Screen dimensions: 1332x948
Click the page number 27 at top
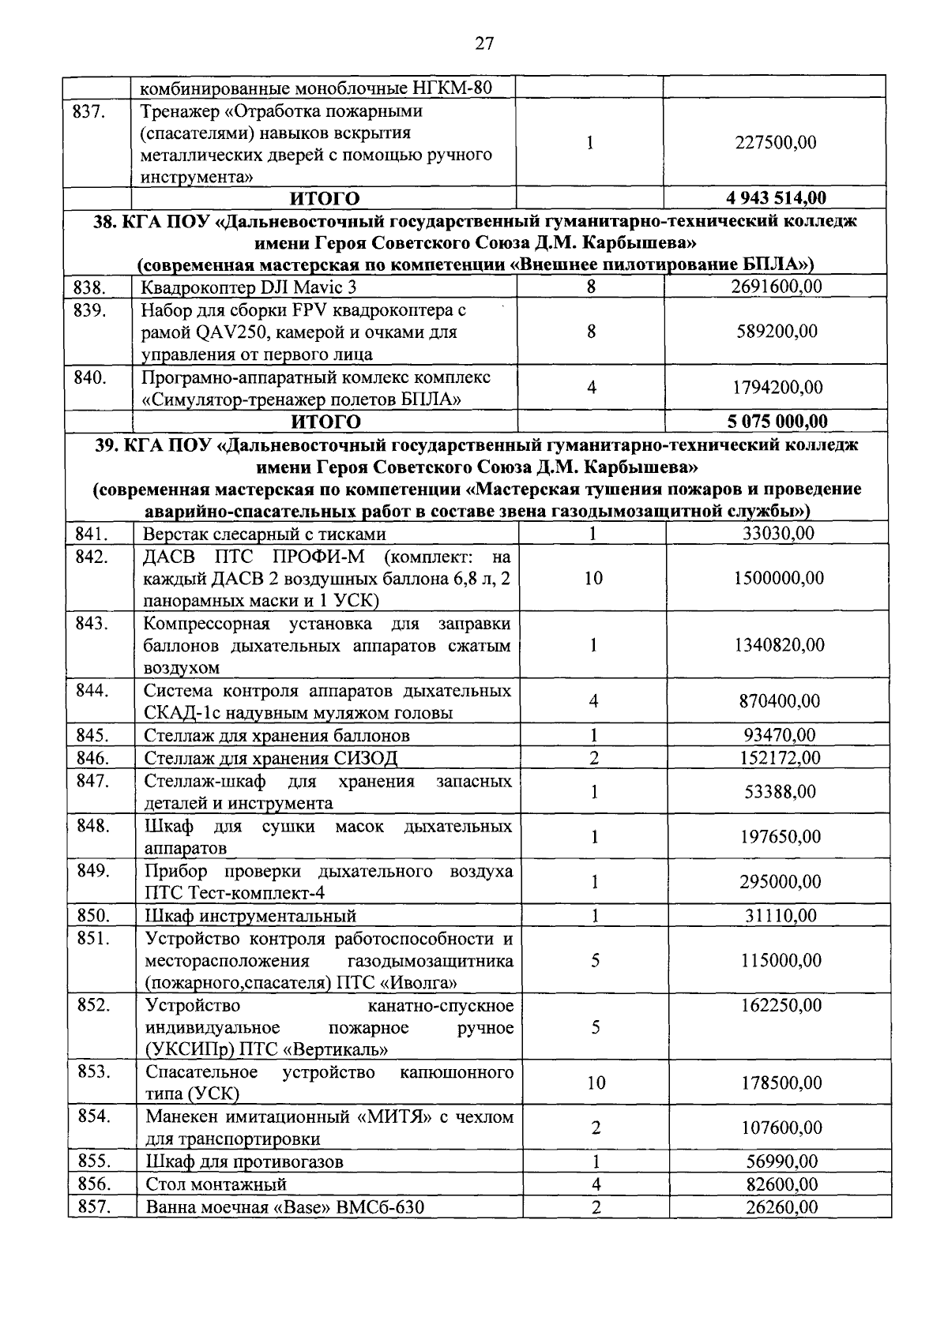[484, 44]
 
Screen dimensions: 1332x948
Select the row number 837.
[89, 111]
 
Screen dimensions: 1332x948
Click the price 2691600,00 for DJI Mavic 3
[776, 287]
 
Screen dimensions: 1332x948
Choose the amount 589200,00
[774, 332]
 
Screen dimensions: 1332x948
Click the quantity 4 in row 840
[591, 388]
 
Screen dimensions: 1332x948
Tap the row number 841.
[92, 534]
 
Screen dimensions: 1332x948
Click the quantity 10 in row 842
[593, 578]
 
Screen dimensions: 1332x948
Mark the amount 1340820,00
[779, 645]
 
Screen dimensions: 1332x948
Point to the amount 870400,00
[779, 701]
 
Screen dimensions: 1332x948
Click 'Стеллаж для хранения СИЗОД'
[271, 759]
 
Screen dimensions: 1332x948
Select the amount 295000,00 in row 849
[779, 882]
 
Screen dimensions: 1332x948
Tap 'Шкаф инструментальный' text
[250, 916]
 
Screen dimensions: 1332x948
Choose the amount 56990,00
[782, 1161]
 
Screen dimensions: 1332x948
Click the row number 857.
[94, 1206]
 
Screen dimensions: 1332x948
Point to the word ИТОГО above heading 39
[325, 422]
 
